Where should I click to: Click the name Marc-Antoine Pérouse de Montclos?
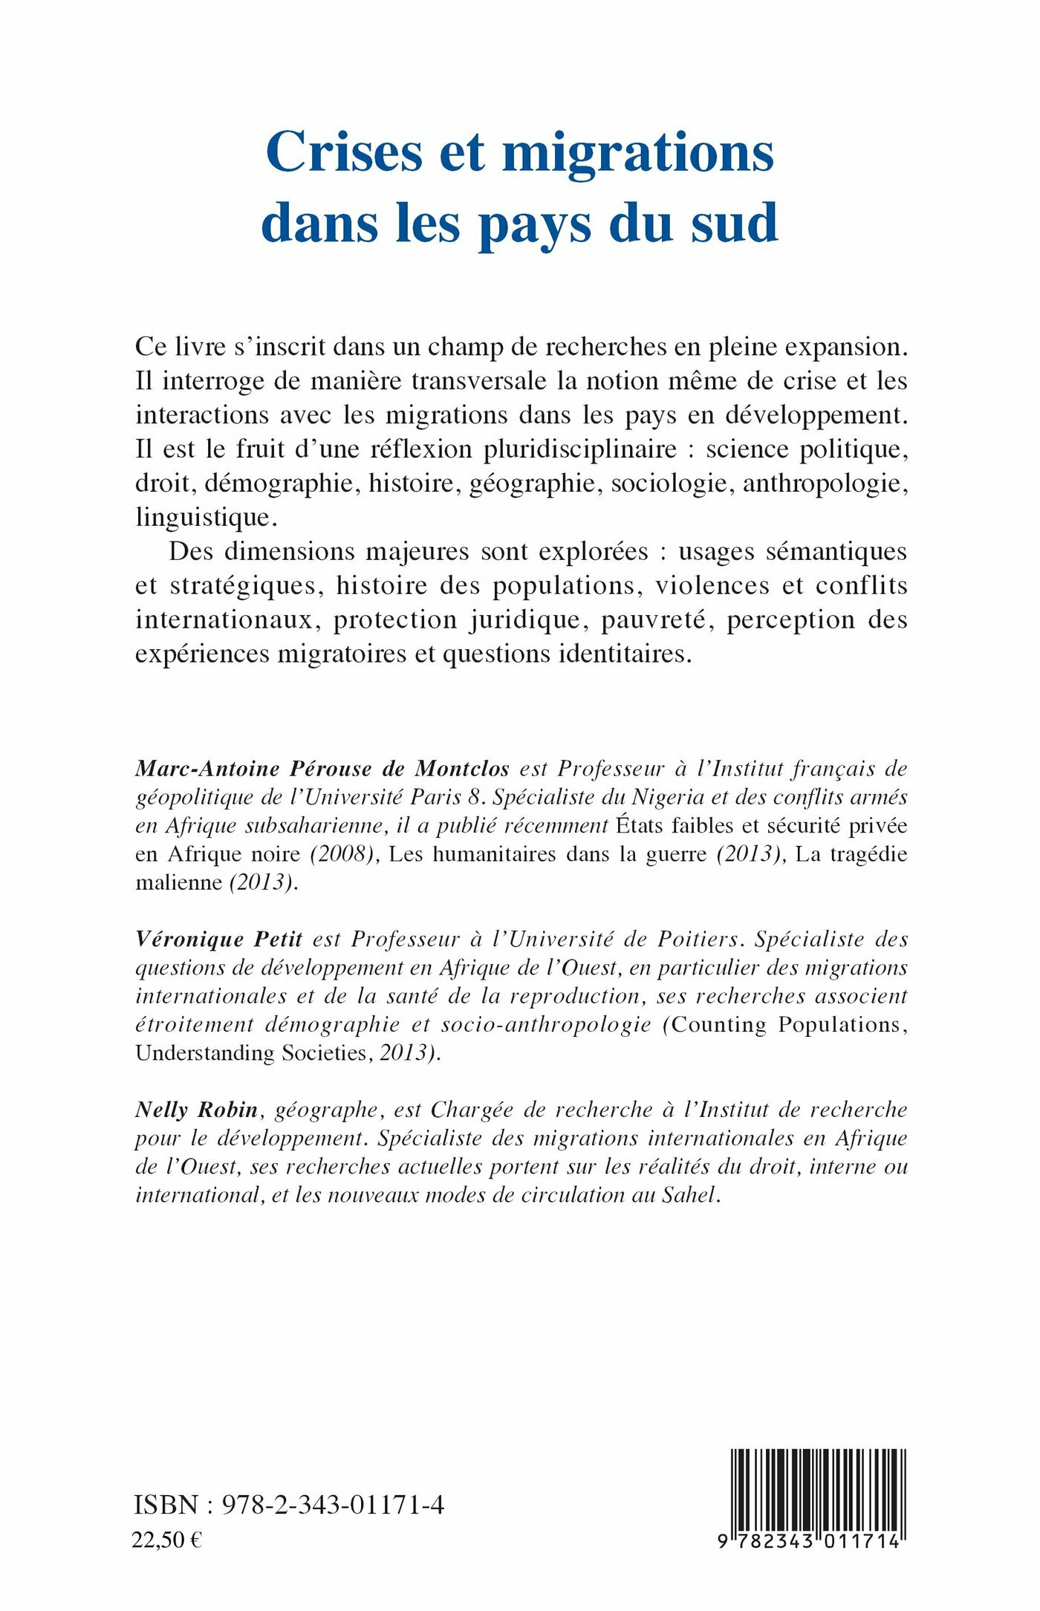(x=322, y=768)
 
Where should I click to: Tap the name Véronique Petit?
(x=218, y=940)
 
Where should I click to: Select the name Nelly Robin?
(x=196, y=1110)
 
